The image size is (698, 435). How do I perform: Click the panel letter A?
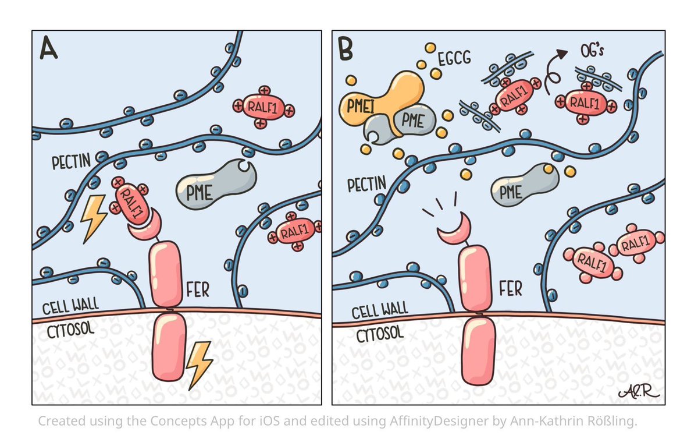[x=49, y=49]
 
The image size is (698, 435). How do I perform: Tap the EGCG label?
[x=454, y=58]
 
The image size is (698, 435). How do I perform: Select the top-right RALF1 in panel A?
[x=263, y=107]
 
